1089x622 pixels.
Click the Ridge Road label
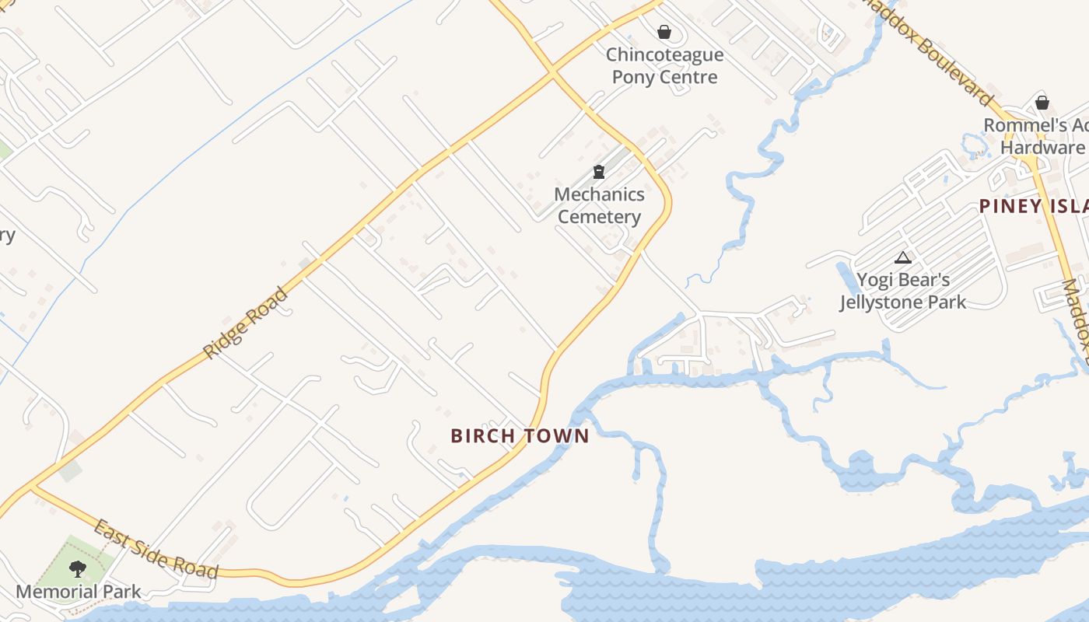coord(245,323)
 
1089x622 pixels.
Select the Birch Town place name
coord(520,436)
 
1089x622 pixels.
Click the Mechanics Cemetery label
coord(599,205)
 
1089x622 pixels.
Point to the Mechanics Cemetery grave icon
coord(599,172)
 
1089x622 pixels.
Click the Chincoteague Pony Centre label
coord(664,66)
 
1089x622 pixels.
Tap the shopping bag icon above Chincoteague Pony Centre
coord(664,32)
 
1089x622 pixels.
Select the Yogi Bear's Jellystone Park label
coord(903,291)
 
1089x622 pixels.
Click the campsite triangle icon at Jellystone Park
coord(903,257)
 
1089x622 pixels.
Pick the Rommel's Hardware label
coord(1038,136)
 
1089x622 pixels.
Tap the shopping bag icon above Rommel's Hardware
coord(1042,103)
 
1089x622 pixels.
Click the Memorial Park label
coord(78,592)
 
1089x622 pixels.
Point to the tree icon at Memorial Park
coord(78,569)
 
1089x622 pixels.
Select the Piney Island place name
coord(1035,206)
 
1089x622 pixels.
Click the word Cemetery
coord(599,217)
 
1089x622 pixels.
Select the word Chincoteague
coord(664,55)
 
